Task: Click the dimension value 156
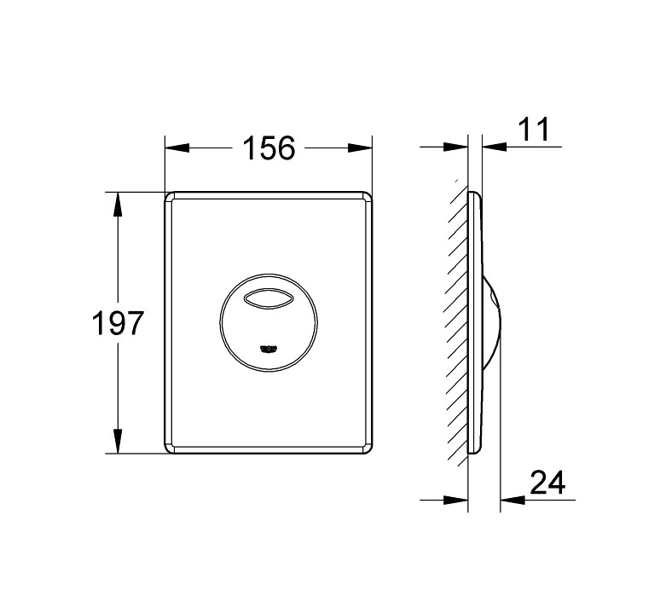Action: point(269,148)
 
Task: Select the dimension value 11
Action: point(534,130)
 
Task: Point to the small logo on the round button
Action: point(269,346)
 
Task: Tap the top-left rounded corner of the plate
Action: point(171,196)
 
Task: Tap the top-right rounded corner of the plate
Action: point(368,196)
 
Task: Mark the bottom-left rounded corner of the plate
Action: point(171,448)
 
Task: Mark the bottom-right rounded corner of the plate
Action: point(368,448)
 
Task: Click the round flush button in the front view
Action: point(269,321)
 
